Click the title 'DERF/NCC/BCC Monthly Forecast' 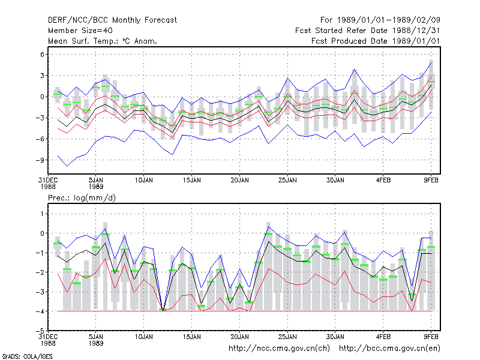(112, 20)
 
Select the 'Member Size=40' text (80, 31)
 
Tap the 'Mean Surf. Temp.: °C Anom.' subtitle (103, 41)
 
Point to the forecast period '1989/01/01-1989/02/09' (388, 20)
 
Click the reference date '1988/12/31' (416, 31)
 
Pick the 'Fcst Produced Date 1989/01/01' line (376, 41)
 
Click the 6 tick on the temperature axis (42, 55)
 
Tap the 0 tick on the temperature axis (42, 97)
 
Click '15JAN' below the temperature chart (191, 181)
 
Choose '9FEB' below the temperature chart (431, 181)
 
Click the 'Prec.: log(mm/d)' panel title (82, 198)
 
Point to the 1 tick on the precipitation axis (42, 214)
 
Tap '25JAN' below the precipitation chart (287, 337)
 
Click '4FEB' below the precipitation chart (383, 337)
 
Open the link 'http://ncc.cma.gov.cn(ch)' (279, 349)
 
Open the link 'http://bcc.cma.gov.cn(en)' (389, 349)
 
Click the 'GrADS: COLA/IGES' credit (27, 356)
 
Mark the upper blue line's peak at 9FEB (431, 62)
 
